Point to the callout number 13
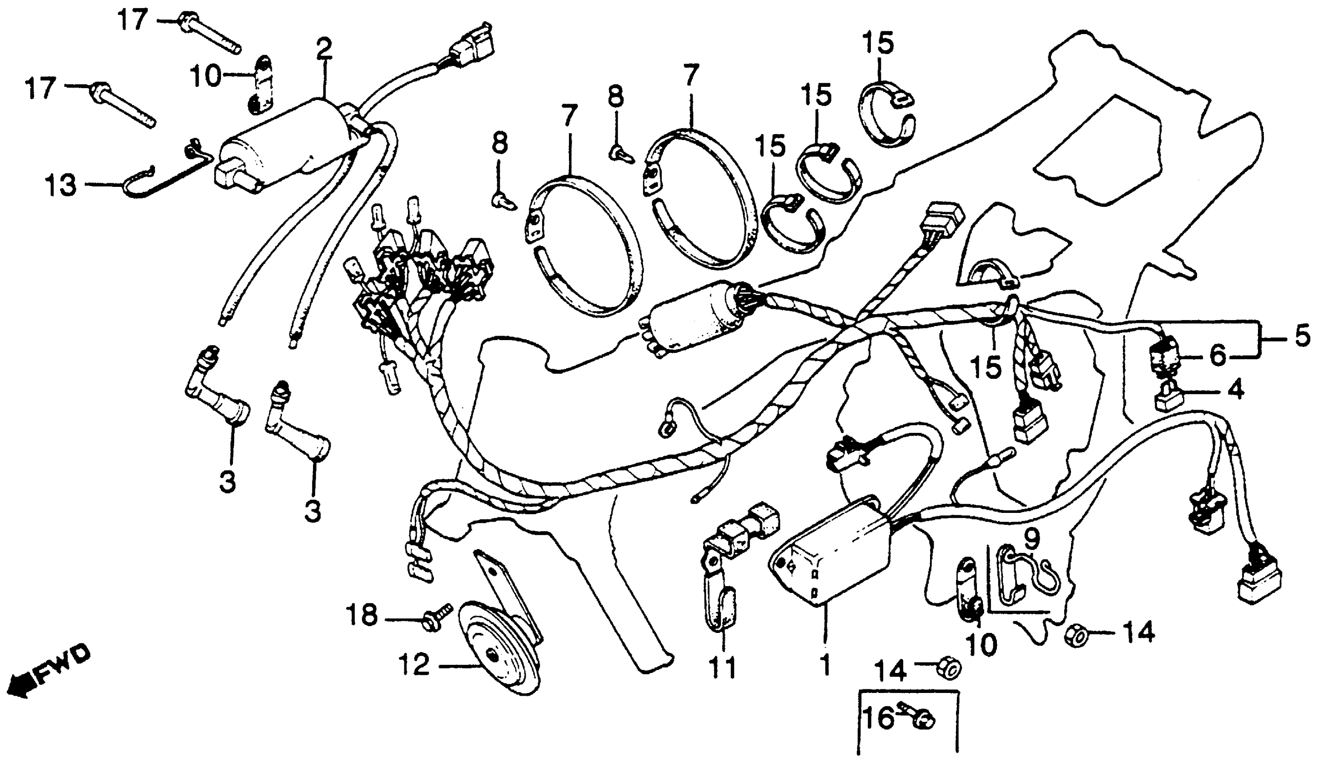coord(60,186)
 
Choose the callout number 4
coord(1235,390)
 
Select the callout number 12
coord(414,665)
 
